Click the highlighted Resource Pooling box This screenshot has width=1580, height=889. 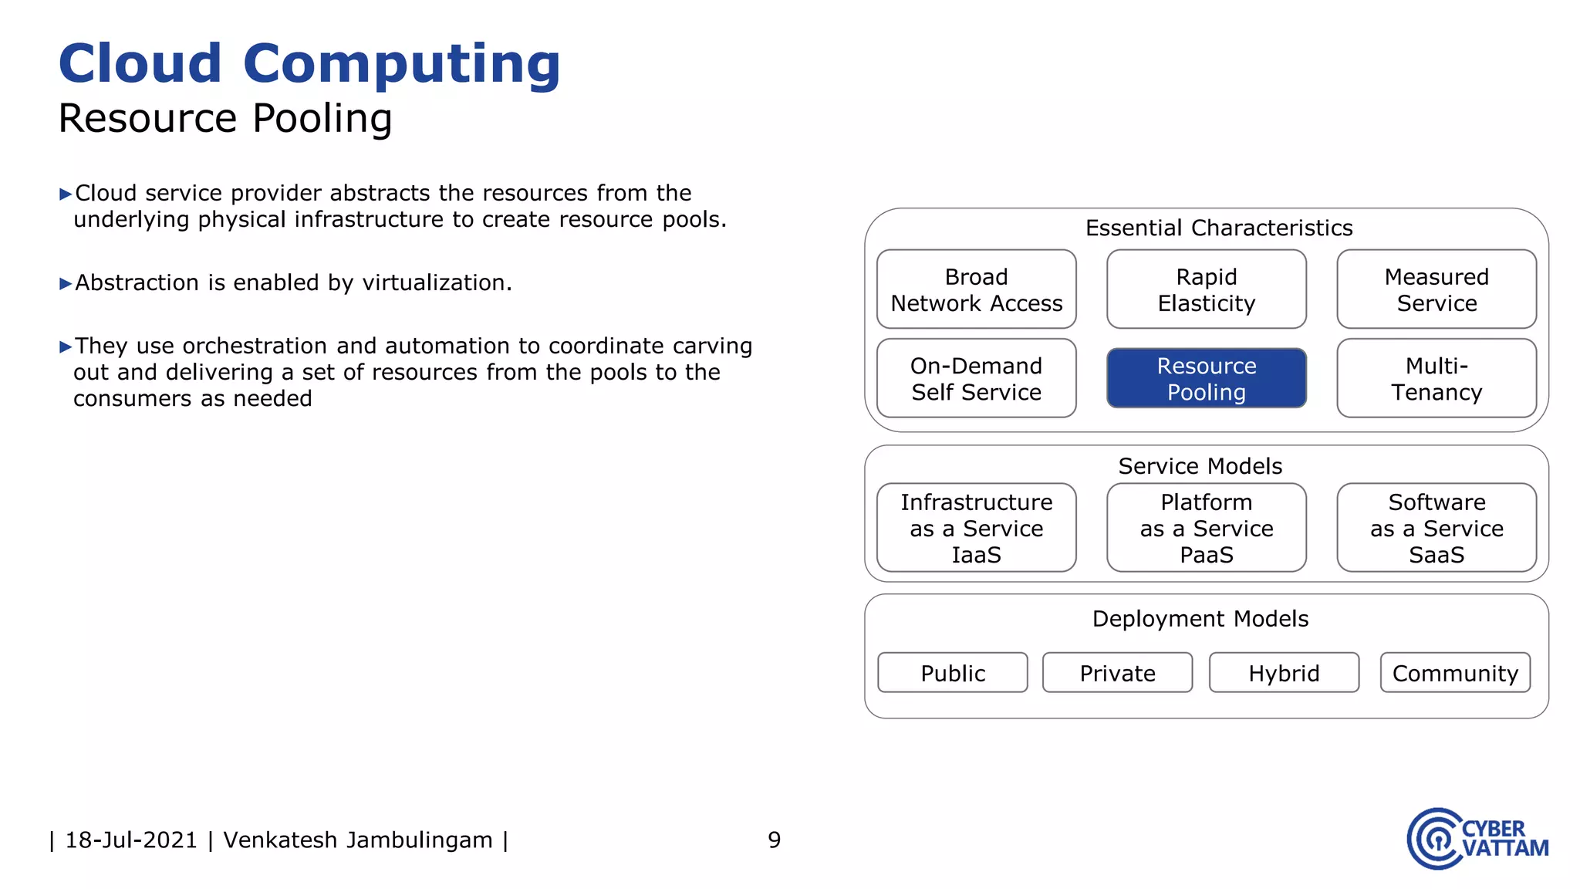(x=1206, y=378)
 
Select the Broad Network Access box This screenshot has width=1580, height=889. (x=976, y=289)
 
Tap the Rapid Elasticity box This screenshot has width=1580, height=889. (x=1206, y=289)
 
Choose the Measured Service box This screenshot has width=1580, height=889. (x=1436, y=289)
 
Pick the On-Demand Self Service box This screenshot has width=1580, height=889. (x=976, y=378)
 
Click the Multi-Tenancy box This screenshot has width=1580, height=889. (x=1436, y=378)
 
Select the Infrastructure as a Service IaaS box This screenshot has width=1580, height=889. (x=976, y=528)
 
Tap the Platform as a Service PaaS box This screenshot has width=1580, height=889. (x=1206, y=528)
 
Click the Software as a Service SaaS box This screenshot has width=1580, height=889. (x=1436, y=528)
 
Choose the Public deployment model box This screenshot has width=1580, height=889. (x=952, y=673)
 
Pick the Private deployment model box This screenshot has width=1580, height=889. (x=1117, y=673)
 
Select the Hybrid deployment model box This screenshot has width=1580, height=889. (x=1284, y=673)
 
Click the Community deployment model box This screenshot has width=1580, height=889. (x=1455, y=673)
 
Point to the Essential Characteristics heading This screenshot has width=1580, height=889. (x=1218, y=228)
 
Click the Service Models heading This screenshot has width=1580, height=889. (x=1200, y=466)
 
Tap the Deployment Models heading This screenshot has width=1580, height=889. (x=1200, y=619)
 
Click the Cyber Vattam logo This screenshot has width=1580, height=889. (x=1477, y=839)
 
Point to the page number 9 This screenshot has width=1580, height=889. (x=774, y=840)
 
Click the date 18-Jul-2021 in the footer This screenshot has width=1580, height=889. (x=131, y=840)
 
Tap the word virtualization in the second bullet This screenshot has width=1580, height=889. (x=436, y=283)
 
